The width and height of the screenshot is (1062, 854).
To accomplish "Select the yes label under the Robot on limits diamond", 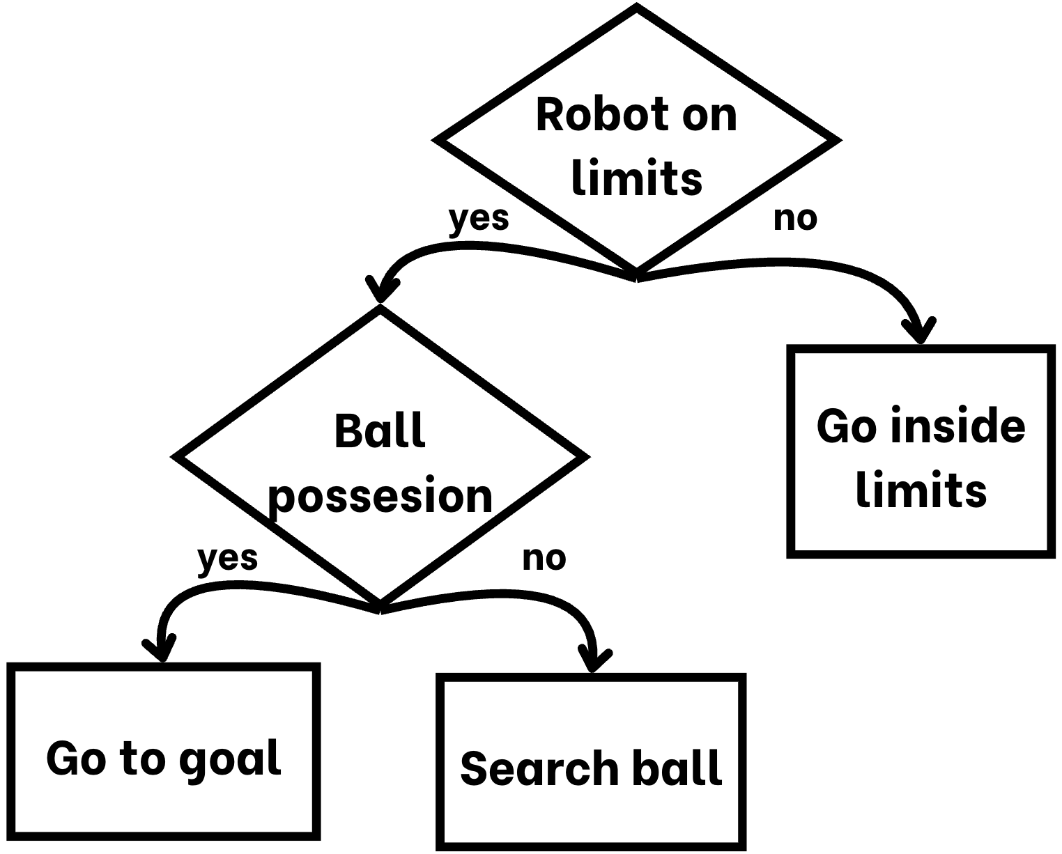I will click(479, 219).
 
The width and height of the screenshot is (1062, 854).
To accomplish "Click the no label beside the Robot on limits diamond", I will click(795, 219).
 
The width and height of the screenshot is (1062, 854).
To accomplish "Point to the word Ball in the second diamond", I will click(380, 431).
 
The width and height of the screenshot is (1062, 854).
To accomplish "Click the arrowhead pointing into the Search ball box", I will click(594, 662).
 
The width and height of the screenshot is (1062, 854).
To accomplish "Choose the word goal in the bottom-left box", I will click(230, 759).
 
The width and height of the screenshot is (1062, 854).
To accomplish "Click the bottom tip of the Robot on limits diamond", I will click(636, 273).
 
